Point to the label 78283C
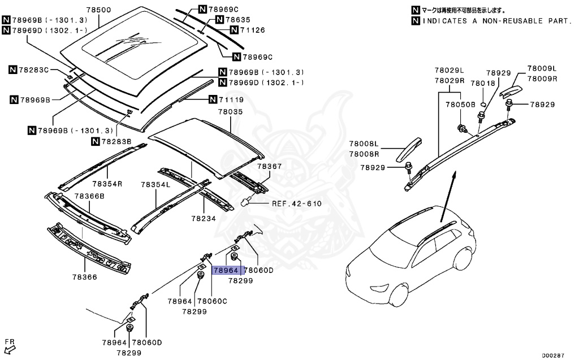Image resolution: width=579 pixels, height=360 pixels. (x=34, y=70)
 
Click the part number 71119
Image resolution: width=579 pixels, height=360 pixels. (x=231, y=100)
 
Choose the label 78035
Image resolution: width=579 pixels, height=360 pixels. (x=231, y=112)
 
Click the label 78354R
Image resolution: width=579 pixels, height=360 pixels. (x=107, y=184)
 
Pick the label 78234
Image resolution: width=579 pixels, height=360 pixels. (x=204, y=218)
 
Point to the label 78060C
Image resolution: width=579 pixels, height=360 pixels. (x=212, y=301)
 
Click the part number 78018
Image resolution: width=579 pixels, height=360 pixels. (x=482, y=83)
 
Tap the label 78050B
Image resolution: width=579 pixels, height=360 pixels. (x=460, y=105)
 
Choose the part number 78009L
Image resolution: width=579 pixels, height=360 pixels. (x=542, y=68)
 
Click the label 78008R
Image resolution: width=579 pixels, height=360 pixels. (x=364, y=154)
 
